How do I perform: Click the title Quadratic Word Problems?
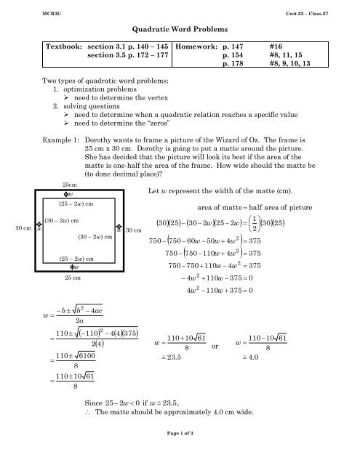tap(180, 29)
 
